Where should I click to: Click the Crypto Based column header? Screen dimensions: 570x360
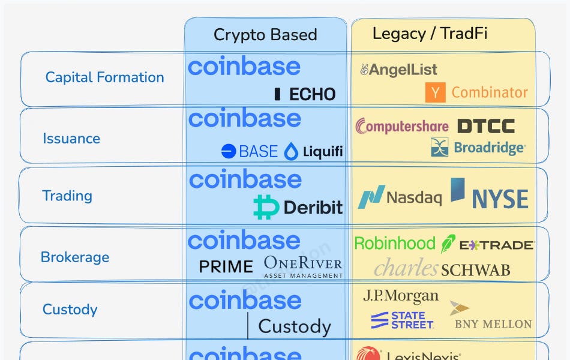pyautogui.click(x=265, y=35)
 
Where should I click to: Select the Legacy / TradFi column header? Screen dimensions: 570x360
pyautogui.click(x=430, y=33)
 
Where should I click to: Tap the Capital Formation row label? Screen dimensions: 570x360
pyautogui.click(x=104, y=77)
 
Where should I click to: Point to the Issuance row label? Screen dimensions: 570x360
pyautogui.click(x=71, y=139)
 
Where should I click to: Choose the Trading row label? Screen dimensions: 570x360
pyautogui.click(x=67, y=196)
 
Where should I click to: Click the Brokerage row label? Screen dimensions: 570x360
pyautogui.click(x=75, y=257)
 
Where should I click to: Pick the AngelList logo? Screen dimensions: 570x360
pyautogui.click(x=398, y=70)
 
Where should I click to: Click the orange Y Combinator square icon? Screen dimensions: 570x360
pyautogui.click(x=435, y=93)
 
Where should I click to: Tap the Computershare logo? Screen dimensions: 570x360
pyautogui.click(x=402, y=126)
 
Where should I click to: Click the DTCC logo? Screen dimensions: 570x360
pyautogui.click(x=486, y=126)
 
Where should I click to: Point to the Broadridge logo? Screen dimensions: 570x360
pyautogui.click(x=478, y=147)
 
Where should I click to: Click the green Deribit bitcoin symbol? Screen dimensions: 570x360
pyautogui.click(x=266, y=208)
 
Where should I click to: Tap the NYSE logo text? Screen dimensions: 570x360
pyautogui.click(x=500, y=199)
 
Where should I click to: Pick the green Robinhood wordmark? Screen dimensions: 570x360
pyautogui.click(x=395, y=243)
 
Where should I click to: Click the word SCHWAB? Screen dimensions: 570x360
pyautogui.click(x=475, y=270)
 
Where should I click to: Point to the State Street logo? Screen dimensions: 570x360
pyautogui.click(x=402, y=320)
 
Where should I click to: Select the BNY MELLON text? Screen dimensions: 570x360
pyautogui.click(x=493, y=324)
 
